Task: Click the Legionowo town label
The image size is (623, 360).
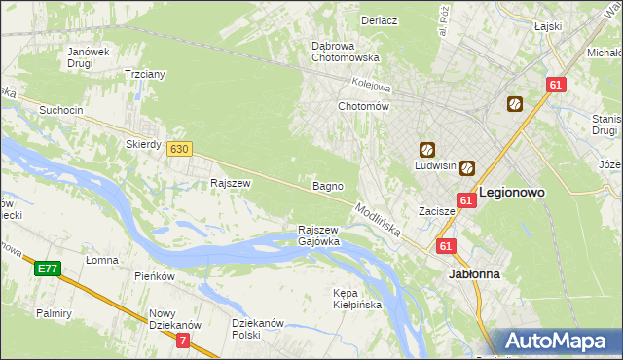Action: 511,193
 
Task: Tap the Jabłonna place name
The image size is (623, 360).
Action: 474,274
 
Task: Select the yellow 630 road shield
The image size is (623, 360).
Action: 178,149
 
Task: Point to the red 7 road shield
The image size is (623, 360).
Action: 183,341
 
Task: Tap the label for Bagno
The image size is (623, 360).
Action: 326,185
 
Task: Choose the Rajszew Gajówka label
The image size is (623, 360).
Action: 318,235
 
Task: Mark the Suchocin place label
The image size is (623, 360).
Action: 60,111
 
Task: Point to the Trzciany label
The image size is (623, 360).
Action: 144,74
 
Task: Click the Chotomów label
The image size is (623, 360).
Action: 363,106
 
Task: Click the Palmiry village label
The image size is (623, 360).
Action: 55,313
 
